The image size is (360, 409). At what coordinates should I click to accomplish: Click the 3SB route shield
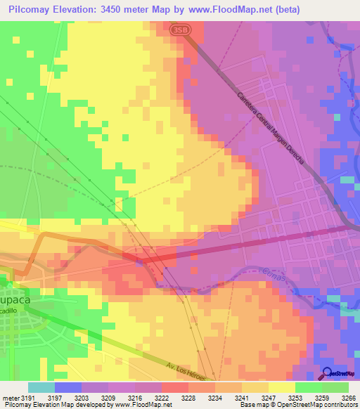(x=179, y=30)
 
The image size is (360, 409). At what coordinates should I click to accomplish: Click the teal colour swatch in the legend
(x=41, y=387)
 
